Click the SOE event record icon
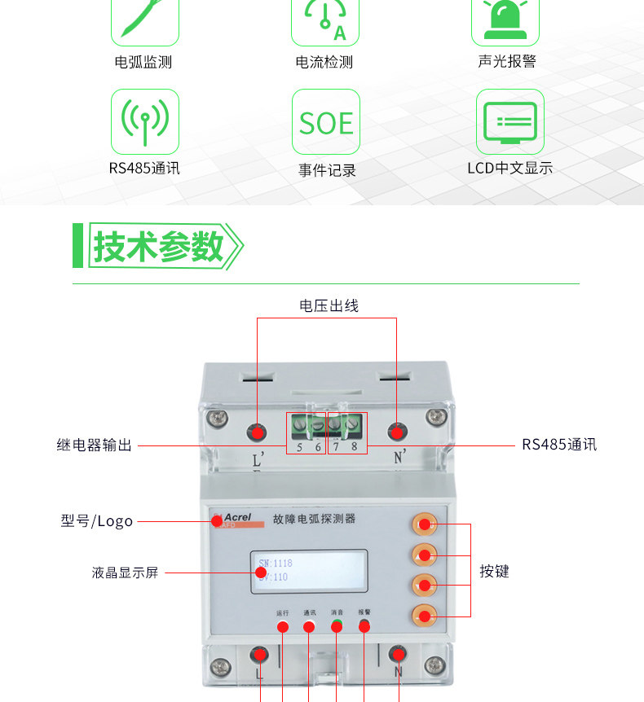325,123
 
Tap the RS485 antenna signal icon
144,122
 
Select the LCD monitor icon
510,122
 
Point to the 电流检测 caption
324,62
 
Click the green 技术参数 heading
158,245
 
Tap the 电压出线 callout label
329,305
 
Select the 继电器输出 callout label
95,445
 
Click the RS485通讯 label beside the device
559,445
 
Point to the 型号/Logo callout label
96,521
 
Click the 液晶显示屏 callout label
125,573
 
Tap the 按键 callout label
494,572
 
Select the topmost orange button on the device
424,524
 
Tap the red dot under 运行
283,627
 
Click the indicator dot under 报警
364,626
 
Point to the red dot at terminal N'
397,432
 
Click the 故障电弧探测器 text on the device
314,518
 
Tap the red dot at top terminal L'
258,432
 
